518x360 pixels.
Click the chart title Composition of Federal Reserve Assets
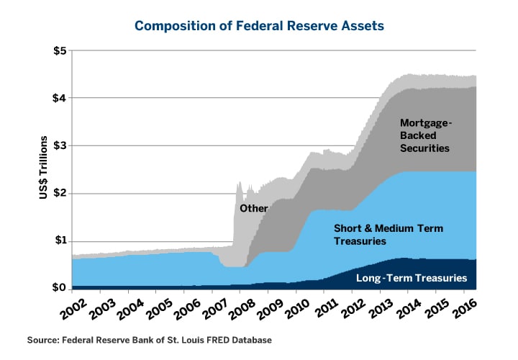coord(259,26)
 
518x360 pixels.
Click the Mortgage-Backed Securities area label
coord(424,135)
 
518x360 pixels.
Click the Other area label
coord(253,209)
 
